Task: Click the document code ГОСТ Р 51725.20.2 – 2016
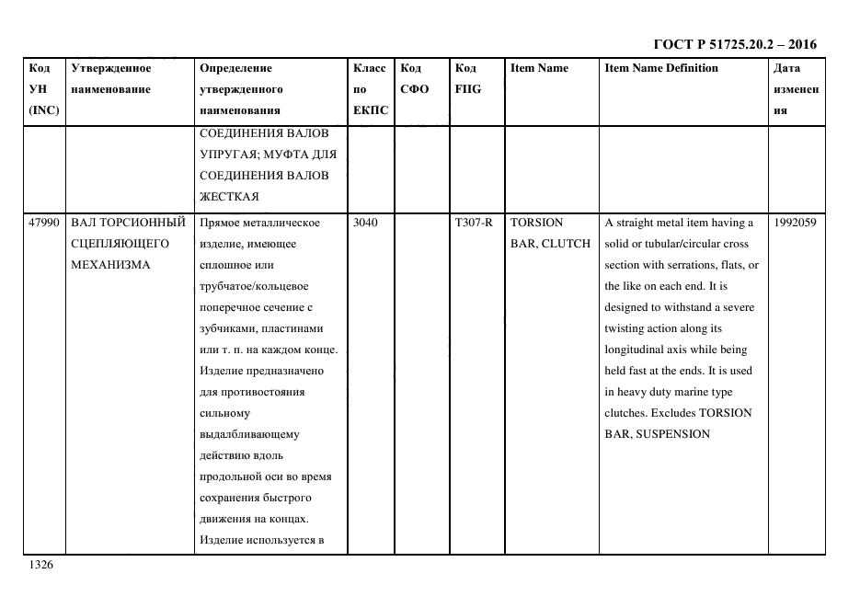pyautogui.click(x=734, y=44)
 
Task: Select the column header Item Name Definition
pyautogui.click(x=661, y=68)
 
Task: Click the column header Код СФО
pyautogui.click(x=415, y=79)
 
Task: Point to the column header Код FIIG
pyautogui.click(x=467, y=79)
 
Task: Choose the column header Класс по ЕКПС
pyautogui.click(x=370, y=89)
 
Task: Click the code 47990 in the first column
pyautogui.click(x=44, y=223)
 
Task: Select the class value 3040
pyautogui.click(x=366, y=223)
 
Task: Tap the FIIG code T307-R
pyautogui.click(x=473, y=223)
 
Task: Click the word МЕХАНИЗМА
pyautogui.click(x=109, y=265)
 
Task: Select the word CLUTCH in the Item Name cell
pyautogui.click(x=566, y=244)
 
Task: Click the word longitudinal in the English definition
pyautogui.click(x=640, y=350)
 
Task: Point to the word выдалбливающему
pyautogui.click(x=248, y=434)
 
